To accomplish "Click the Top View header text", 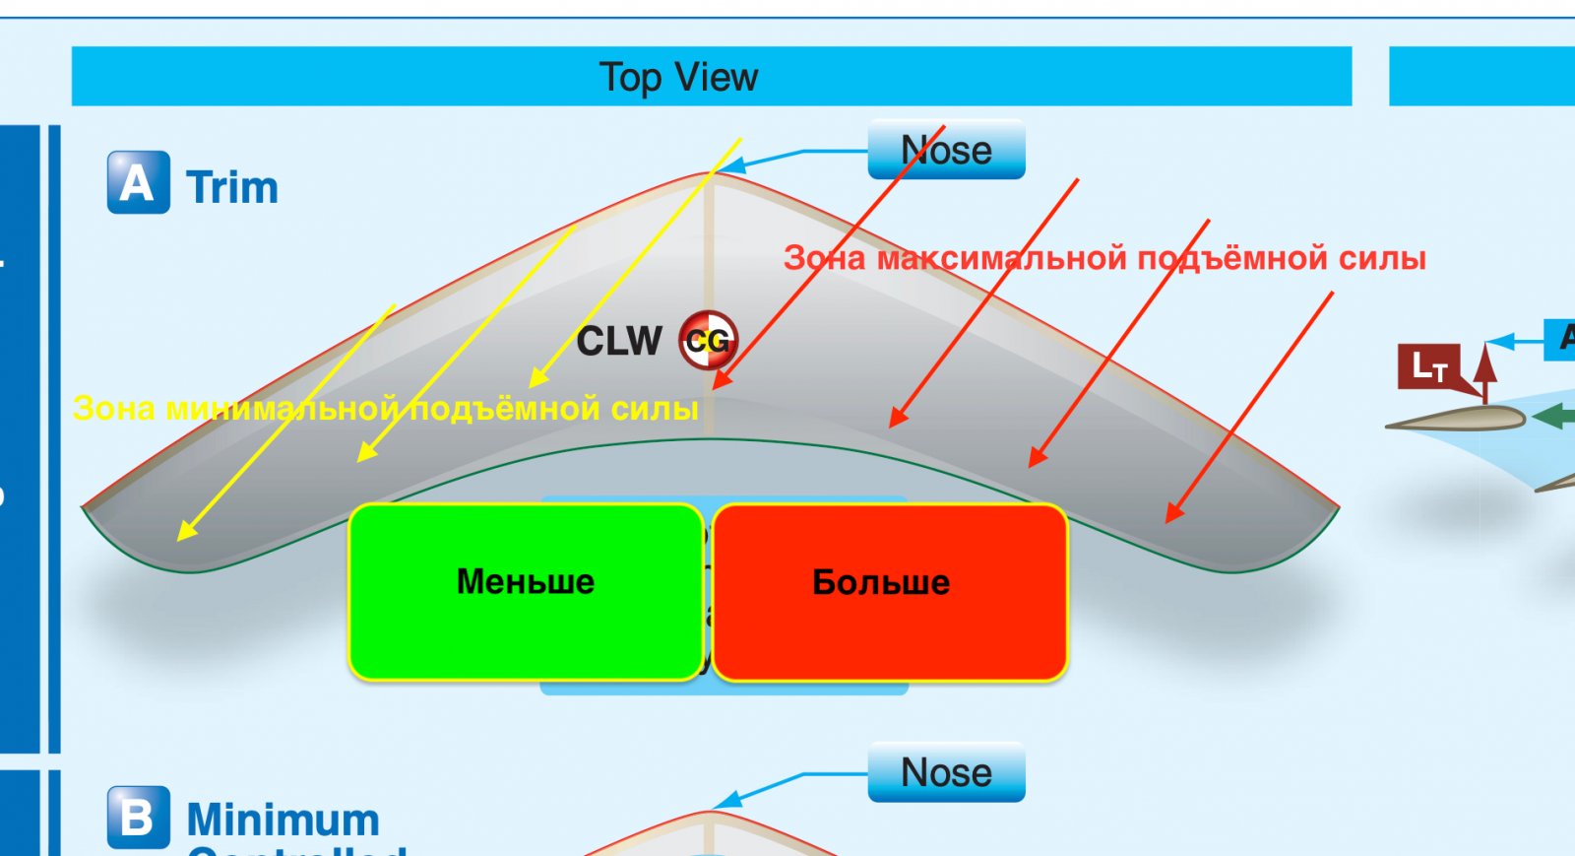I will pyautogui.click(x=678, y=77).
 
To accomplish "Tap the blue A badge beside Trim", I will pyautogui.click(x=138, y=183).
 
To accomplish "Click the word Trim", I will pyautogui.click(x=232, y=187).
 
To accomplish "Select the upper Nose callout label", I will pyautogui.click(x=946, y=150).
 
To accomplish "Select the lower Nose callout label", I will pyautogui.click(x=946, y=772).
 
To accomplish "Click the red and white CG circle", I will pyautogui.click(x=708, y=341).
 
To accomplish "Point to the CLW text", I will pyautogui.click(x=619, y=341).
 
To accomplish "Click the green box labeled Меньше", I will pyautogui.click(x=526, y=591).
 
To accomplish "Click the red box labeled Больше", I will pyautogui.click(x=890, y=591).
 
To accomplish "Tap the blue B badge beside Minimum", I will pyautogui.click(x=138, y=817).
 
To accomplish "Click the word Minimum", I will pyautogui.click(x=283, y=820).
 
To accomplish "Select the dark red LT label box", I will pyautogui.click(x=1429, y=366).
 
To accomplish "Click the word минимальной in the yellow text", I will pyautogui.click(x=282, y=408).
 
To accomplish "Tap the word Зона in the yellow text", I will pyautogui.click(x=114, y=408).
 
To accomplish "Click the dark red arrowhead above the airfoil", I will pyautogui.click(x=1485, y=359).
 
